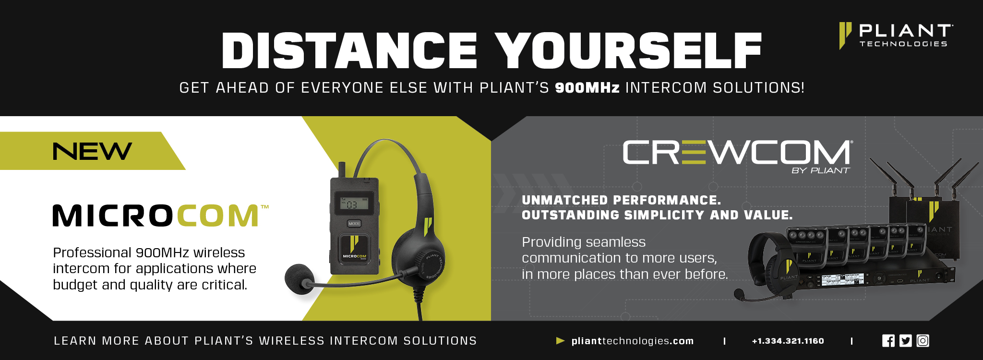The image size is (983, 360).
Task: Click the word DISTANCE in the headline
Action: [349, 51]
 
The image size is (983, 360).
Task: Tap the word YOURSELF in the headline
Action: [628, 51]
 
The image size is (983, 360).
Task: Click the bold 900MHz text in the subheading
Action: [587, 88]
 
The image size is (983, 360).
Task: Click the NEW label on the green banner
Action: [92, 151]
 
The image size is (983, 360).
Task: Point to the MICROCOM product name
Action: [160, 216]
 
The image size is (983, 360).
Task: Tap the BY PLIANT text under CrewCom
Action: [820, 170]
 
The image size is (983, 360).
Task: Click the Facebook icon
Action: [888, 341]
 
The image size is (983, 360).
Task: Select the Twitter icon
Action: [905, 341]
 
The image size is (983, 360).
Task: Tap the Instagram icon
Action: [923, 341]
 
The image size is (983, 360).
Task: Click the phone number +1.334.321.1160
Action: [788, 341]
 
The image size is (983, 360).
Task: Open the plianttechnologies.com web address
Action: [632, 341]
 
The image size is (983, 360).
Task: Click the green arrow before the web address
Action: [560, 341]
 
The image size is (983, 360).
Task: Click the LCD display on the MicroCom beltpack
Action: [351, 204]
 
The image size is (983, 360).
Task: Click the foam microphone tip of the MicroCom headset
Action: [299, 278]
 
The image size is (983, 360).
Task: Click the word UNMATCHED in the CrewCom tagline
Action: [565, 200]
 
